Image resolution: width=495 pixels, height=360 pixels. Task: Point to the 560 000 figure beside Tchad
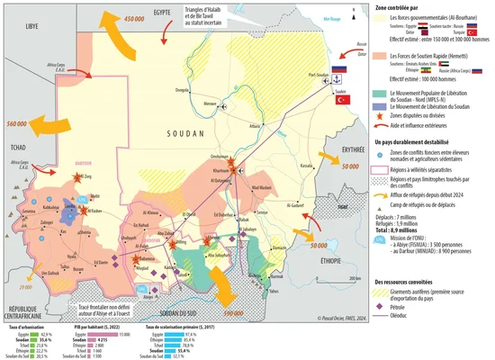click(19, 123)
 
